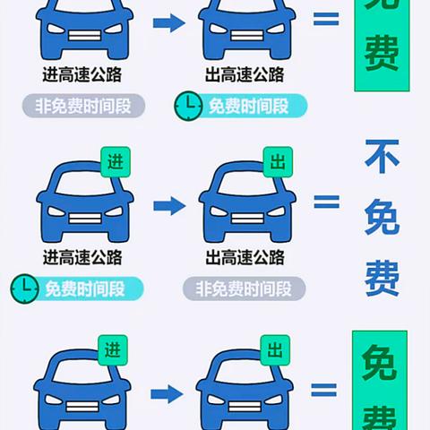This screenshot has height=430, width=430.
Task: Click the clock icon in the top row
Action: pyautogui.click(x=188, y=106)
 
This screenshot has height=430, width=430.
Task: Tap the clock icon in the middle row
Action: pyautogui.click(x=25, y=288)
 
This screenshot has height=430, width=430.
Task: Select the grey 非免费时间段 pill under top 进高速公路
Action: pyautogui.click(x=83, y=106)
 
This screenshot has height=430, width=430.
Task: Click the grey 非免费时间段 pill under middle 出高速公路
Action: pyautogui.click(x=244, y=288)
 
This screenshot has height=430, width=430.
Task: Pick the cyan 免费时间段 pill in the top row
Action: pyautogui.click(x=248, y=106)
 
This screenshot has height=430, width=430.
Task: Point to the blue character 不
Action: pyautogui.click(x=382, y=156)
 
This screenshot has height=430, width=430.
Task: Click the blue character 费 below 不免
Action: pyautogui.click(x=382, y=278)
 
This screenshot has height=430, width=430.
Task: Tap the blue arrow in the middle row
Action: pyautogui.click(x=169, y=206)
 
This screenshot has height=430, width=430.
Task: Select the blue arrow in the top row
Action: pyautogui.click(x=169, y=22)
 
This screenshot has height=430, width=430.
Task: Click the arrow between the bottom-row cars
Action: pyautogui.click(x=167, y=394)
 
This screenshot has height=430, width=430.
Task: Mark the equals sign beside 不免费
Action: pyautogui.click(x=327, y=202)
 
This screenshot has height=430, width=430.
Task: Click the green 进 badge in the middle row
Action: pyautogui.click(x=116, y=162)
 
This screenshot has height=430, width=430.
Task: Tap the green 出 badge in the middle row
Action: pyautogui.click(x=278, y=162)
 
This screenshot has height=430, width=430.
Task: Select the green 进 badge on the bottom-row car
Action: pyautogui.click(x=113, y=350)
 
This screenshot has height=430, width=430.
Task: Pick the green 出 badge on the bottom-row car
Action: pyautogui.click(x=275, y=350)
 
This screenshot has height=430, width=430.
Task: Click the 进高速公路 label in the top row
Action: pyautogui.click(x=82, y=74)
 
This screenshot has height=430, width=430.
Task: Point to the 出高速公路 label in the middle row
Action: pyautogui.click(x=245, y=257)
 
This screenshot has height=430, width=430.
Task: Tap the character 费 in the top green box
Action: pyautogui.click(x=382, y=53)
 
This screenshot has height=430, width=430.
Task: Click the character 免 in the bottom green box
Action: pyautogui.click(x=380, y=362)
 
